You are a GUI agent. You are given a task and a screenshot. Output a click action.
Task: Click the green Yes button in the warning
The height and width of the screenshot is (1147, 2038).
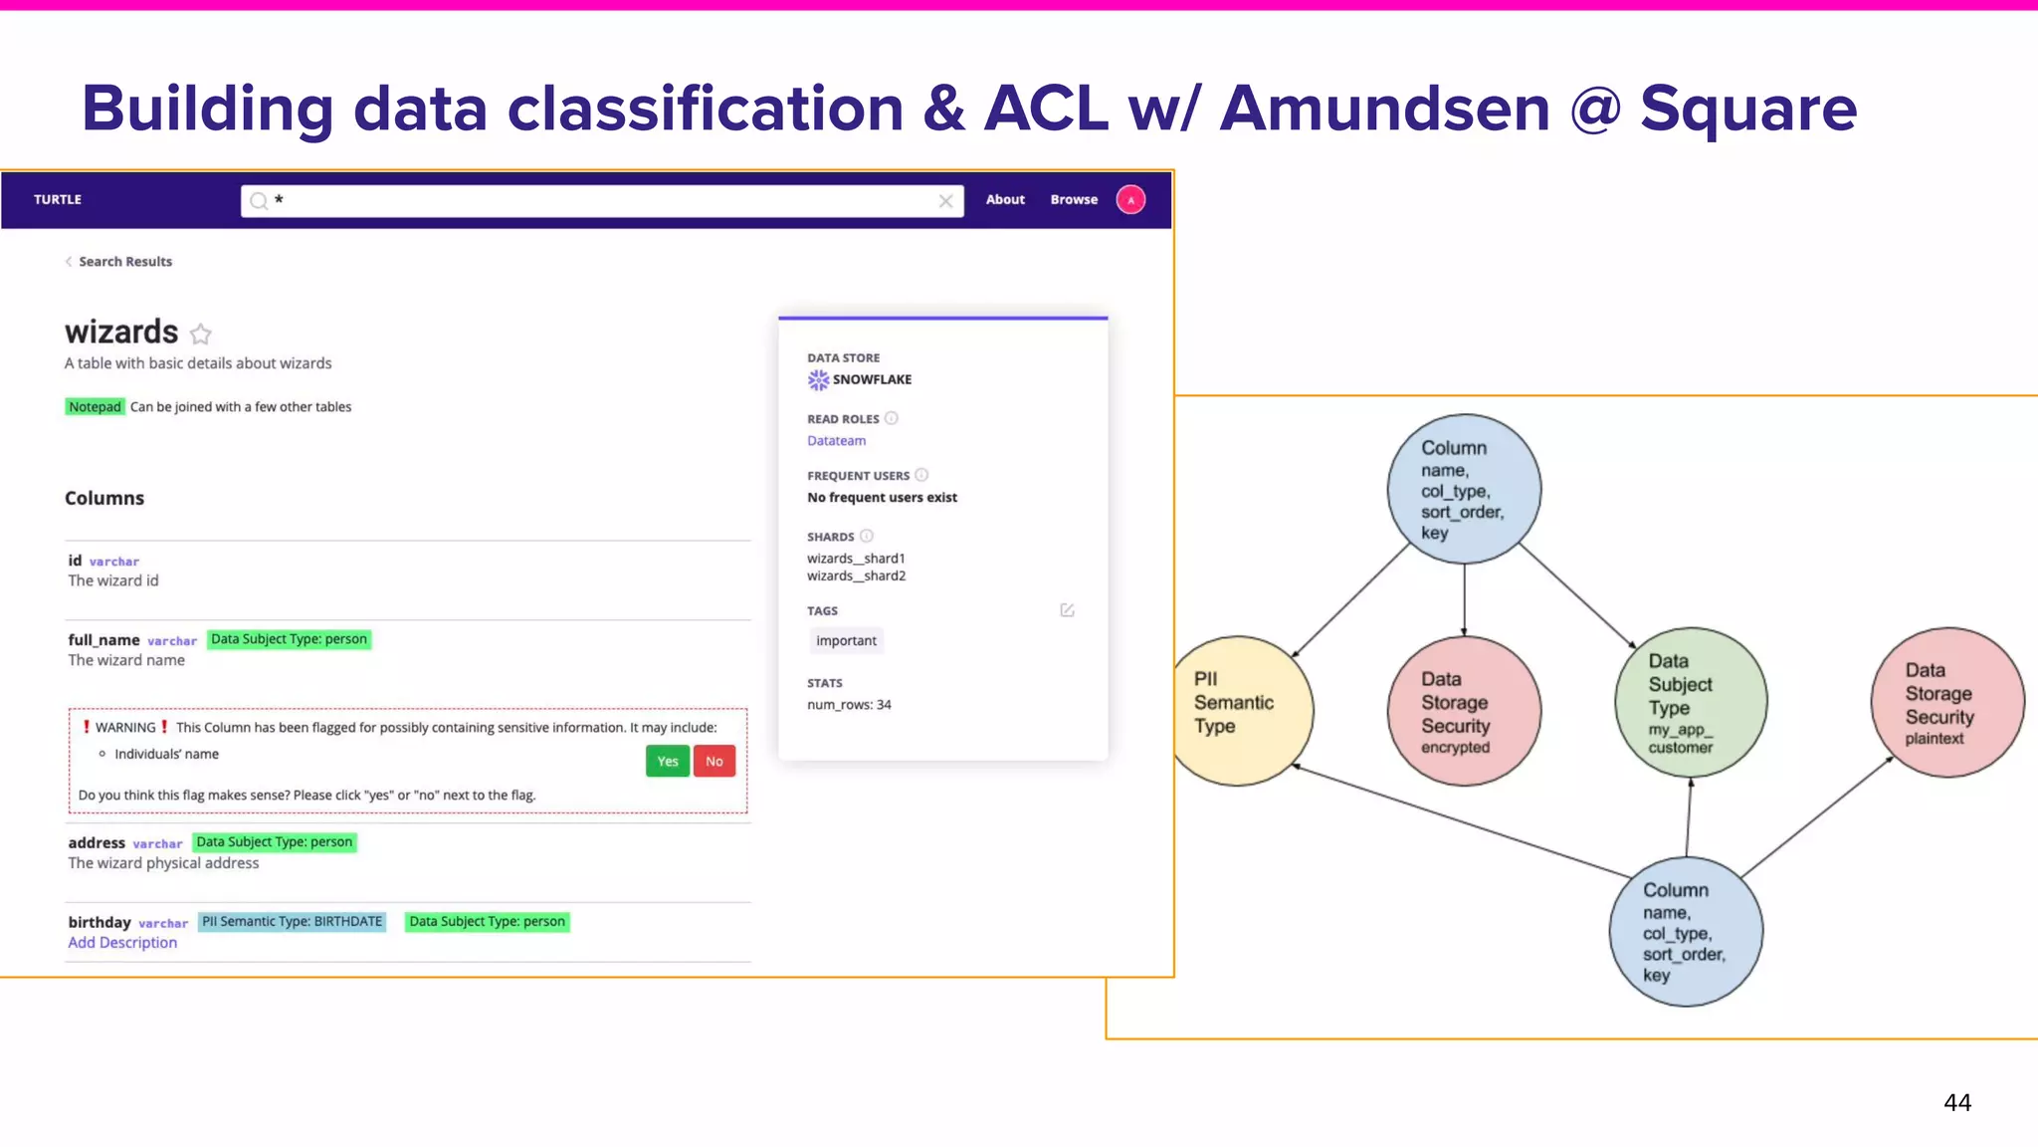click(x=667, y=762)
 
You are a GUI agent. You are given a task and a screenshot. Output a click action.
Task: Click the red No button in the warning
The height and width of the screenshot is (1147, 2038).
click(x=714, y=762)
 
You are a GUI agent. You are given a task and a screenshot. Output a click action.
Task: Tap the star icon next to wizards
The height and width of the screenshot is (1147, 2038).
click(x=201, y=334)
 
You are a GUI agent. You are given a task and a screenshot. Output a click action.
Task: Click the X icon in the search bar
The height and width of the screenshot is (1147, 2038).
click(x=945, y=201)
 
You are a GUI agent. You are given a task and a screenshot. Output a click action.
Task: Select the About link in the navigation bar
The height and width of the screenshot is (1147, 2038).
click(x=1005, y=200)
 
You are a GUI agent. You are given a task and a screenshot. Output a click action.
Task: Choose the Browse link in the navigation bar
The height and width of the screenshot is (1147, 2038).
click(x=1074, y=200)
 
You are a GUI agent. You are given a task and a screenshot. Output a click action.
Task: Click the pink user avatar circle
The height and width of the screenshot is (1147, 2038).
click(x=1130, y=200)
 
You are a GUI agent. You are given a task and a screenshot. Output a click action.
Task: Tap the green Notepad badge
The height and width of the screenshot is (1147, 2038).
click(x=95, y=407)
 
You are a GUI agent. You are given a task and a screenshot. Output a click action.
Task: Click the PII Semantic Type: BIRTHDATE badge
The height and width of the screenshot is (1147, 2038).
click(x=293, y=922)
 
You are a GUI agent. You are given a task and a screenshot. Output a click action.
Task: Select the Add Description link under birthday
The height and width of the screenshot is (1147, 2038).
click(x=122, y=943)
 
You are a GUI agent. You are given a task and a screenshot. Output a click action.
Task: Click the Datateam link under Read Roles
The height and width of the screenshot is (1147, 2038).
click(x=836, y=441)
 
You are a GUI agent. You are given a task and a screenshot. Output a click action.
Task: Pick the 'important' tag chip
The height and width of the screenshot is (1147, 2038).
click(x=846, y=641)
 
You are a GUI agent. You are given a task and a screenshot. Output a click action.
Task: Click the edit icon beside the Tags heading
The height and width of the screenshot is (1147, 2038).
click(x=1067, y=610)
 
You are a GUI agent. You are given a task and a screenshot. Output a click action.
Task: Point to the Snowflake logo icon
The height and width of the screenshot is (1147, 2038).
click(x=818, y=380)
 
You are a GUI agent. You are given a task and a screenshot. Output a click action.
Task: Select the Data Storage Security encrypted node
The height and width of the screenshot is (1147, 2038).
click(x=1464, y=711)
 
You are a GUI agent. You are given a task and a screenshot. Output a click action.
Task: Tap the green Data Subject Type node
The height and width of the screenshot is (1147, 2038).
click(x=1691, y=703)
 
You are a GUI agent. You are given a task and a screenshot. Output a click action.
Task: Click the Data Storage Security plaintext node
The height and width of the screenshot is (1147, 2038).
click(x=1947, y=703)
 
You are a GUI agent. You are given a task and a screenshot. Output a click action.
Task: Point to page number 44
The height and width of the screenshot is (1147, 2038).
click(x=1956, y=1103)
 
